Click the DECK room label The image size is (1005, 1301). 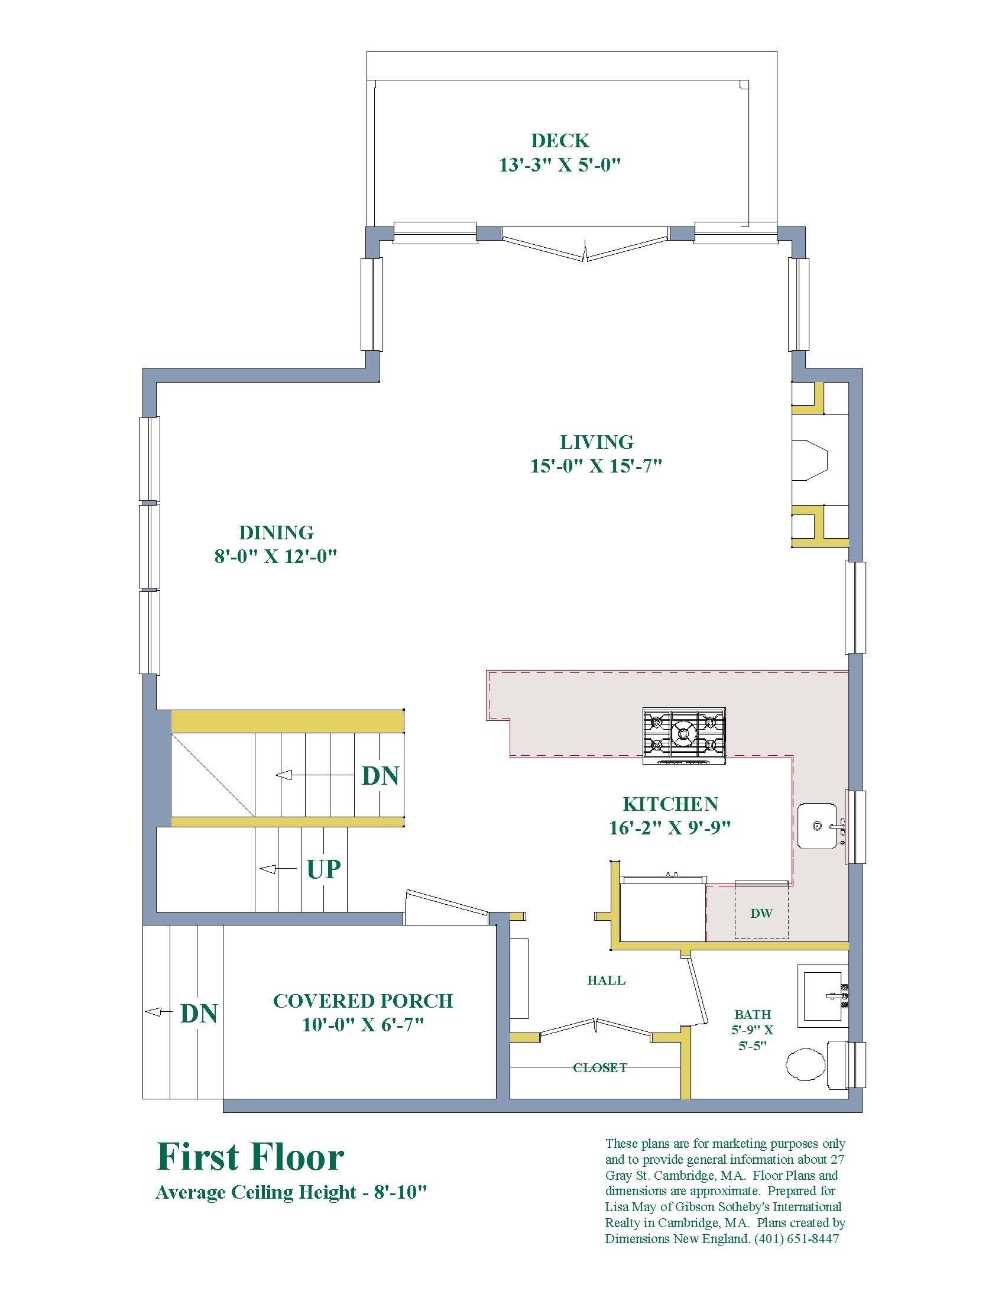560,141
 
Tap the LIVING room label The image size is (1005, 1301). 596,442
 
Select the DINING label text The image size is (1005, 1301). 276,532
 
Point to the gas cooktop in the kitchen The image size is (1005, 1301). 684,736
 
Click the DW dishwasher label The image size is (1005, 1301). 761,913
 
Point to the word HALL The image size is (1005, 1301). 606,980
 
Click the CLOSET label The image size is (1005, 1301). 600,1067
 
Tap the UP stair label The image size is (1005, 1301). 323,869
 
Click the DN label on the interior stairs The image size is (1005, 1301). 381,776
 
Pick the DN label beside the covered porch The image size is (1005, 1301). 199,1012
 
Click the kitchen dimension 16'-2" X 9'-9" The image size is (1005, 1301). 670,827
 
